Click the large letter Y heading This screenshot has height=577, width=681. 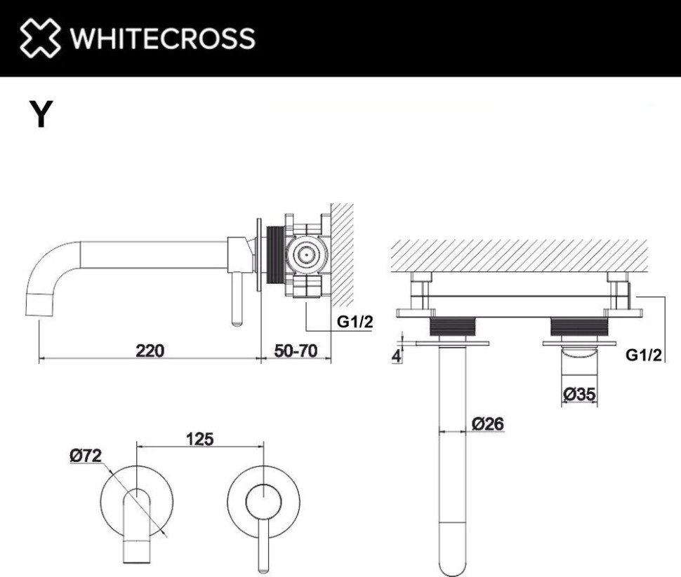pyautogui.click(x=41, y=115)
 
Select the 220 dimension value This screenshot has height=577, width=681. pyautogui.click(x=150, y=351)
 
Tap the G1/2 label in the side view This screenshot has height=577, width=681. pyautogui.click(x=355, y=323)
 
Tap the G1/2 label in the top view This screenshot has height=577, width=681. pyautogui.click(x=644, y=355)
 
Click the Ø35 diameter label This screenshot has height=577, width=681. pyautogui.click(x=579, y=395)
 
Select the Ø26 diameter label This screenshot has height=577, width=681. pyautogui.click(x=487, y=423)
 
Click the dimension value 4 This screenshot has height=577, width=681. pyautogui.click(x=397, y=355)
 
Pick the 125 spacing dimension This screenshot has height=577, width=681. pyautogui.click(x=200, y=440)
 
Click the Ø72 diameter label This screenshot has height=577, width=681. pyautogui.click(x=86, y=456)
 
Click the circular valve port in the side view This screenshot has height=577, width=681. pyautogui.click(x=305, y=255)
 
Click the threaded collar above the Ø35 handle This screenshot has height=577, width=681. pyautogui.click(x=579, y=327)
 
